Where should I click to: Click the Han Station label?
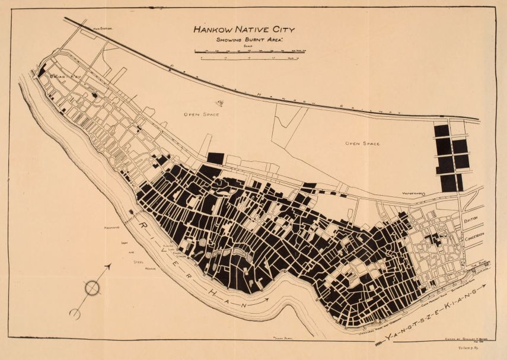103,28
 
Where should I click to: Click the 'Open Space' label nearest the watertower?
362,144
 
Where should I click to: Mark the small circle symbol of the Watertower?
423,193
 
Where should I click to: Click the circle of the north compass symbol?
93,288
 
